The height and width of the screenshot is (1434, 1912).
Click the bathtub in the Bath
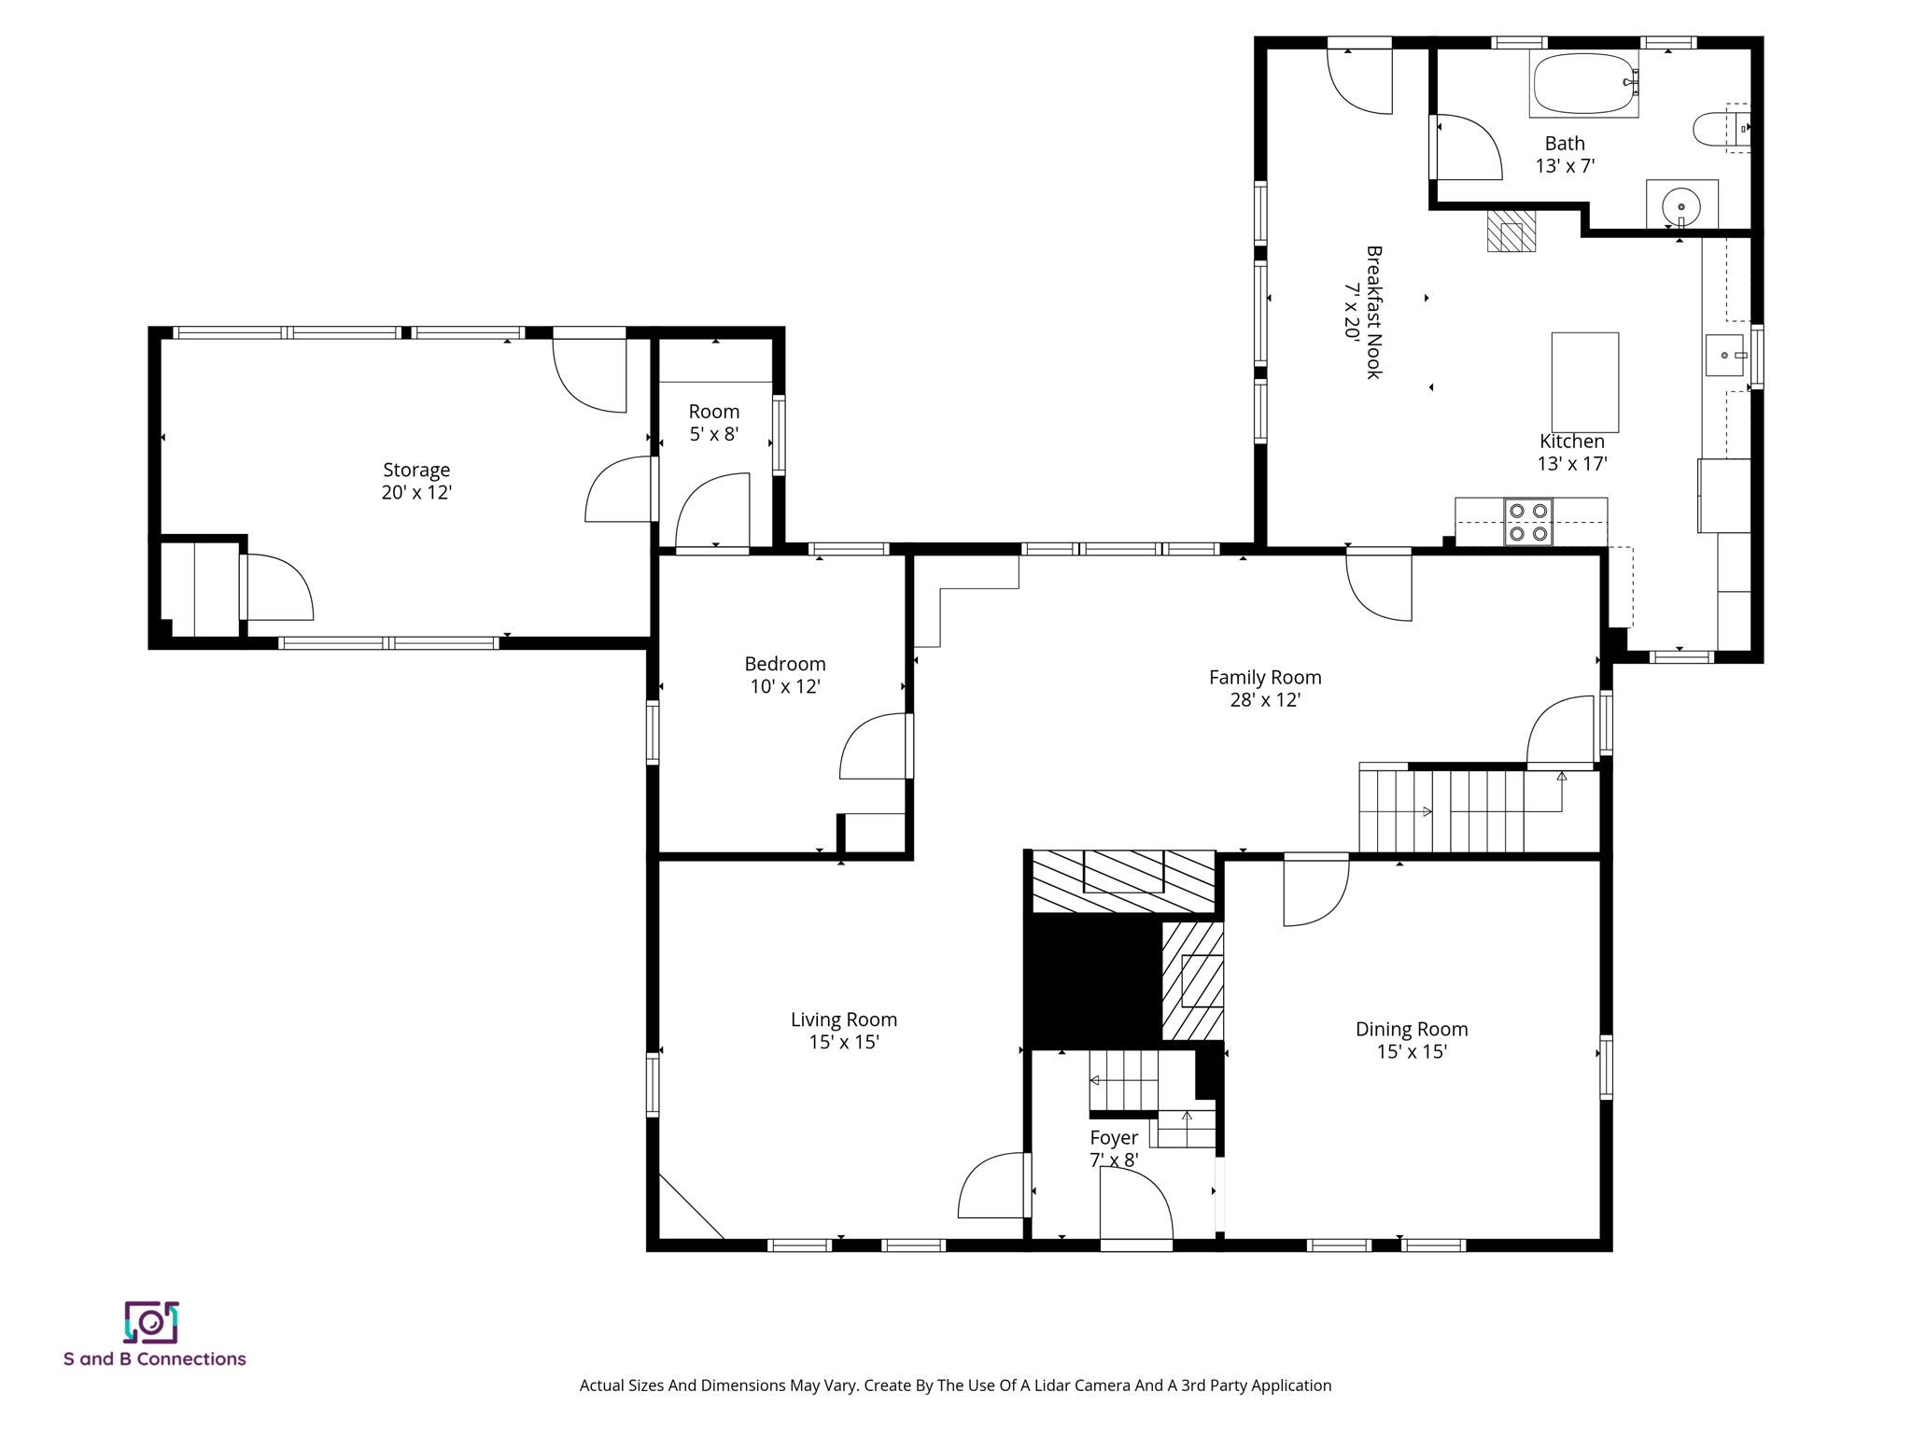point(1582,83)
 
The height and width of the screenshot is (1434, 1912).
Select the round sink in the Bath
point(1680,204)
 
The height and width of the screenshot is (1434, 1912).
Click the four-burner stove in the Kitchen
point(1528,523)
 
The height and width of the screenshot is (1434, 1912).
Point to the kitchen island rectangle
point(1584,382)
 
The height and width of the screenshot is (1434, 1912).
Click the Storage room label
point(416,470)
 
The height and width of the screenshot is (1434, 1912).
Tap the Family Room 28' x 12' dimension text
point(1265,700)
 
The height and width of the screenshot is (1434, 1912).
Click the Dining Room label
point(1411,1029)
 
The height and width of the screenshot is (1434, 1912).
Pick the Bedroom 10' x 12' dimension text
point(784,687)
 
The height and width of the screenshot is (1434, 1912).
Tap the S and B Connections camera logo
point(151,1322)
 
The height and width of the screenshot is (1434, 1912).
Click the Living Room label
point(843,1019)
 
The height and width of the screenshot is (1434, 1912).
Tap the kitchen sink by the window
point(1724,356)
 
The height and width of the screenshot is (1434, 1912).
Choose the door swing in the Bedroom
point(876,747)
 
